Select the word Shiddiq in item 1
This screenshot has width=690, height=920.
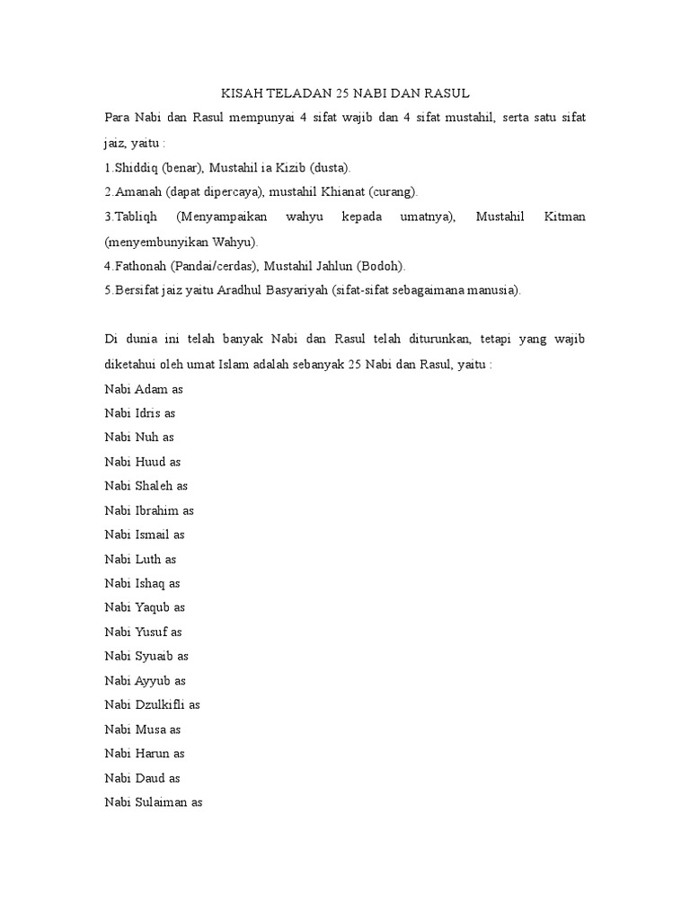click(135, 168)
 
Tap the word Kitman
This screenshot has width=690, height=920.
click(564, 217)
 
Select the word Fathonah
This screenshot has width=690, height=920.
click(138, 266)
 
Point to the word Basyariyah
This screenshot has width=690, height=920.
click(309, 290)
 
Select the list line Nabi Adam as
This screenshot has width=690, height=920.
click(144, 389)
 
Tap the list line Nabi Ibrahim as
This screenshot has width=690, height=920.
click(149, 510)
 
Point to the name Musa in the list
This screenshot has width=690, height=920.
click(149, 729)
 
